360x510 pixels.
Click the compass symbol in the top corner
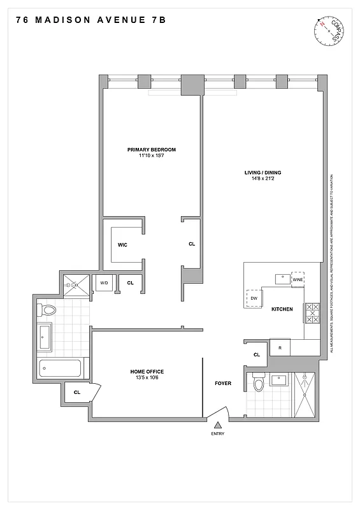tap(331, 31)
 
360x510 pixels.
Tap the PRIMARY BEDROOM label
tap(151, 150)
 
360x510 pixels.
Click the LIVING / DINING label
tap(263, 172)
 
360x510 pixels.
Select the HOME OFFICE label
tap(147, 372)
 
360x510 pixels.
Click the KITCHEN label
tap(282, 309)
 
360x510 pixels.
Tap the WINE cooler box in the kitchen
tap(298, 279)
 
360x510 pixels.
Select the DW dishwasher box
tap(253, 298)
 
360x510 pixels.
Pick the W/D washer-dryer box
tap(103, 283)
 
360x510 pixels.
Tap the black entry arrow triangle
tap(218, 425)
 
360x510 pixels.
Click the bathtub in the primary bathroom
tap(60, 368)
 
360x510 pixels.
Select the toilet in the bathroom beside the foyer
tap(259, 384)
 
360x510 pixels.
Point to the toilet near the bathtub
tap(48, 310)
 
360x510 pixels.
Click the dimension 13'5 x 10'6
tap(147, 379)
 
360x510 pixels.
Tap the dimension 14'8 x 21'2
tap(263, 179)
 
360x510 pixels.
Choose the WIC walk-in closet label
tap(123, 244)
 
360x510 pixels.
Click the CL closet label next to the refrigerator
tap(257, 354)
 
